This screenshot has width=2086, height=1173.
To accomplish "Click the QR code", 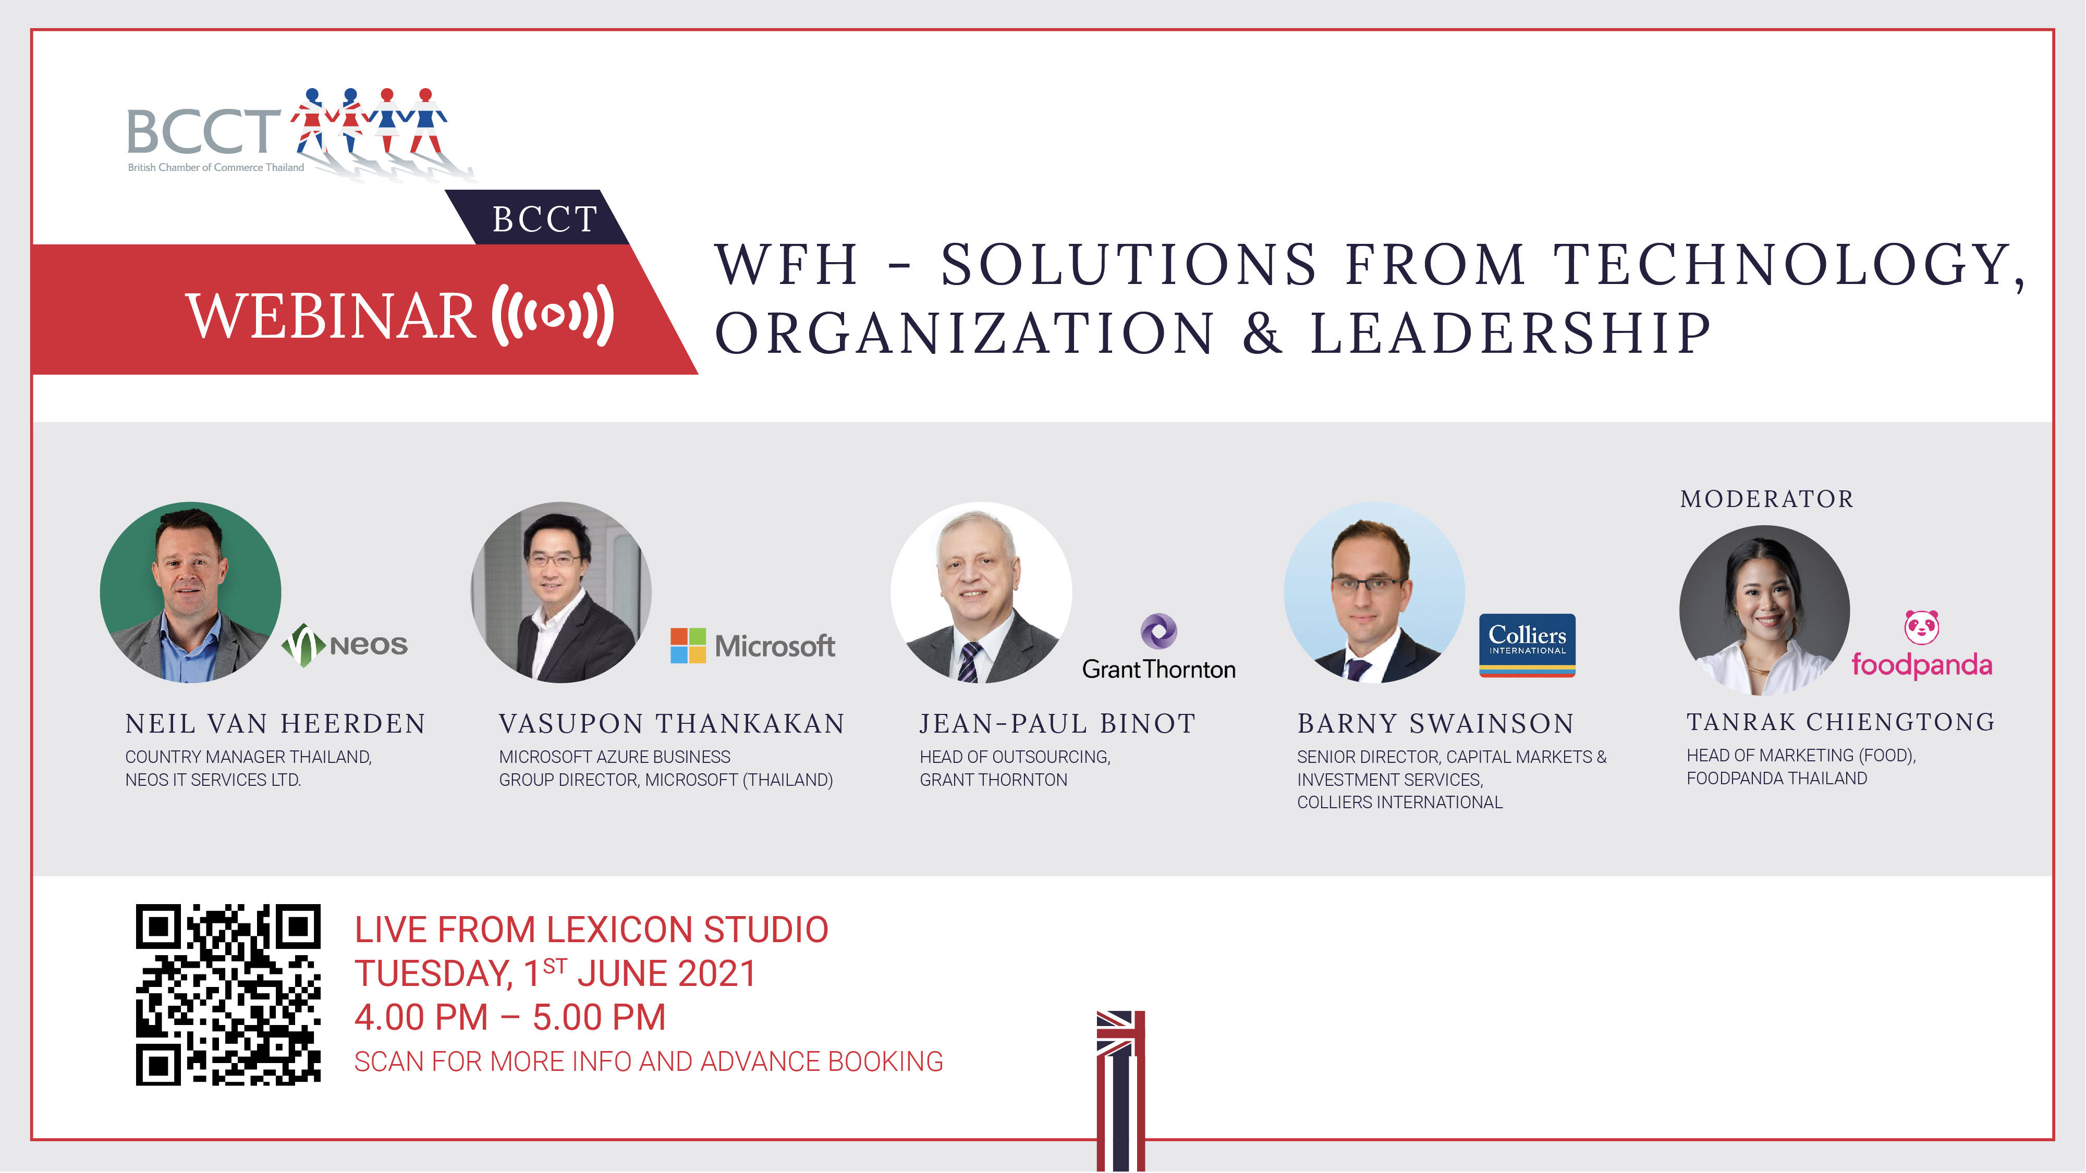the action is click(x=228, y=994).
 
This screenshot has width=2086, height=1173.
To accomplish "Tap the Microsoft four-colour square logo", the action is click(x=688, y=645).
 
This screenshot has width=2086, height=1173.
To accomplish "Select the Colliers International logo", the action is click(x=1527, y=645).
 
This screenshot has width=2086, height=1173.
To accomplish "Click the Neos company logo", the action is click(x=344, y=645).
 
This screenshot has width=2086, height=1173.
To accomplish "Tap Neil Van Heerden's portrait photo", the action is click(x=190, y=592).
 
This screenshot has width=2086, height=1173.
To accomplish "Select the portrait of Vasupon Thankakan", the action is click(x=561, y=592).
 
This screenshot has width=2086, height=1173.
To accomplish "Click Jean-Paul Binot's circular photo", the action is click(x=981, y=592).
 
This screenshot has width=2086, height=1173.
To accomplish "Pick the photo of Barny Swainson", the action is click(x=1374, y=592).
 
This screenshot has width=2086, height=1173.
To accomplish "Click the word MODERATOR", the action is click(x=1767, y=499).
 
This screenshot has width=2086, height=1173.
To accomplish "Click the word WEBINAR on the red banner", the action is click(x=331, y=316).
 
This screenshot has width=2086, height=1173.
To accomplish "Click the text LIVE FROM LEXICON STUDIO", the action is click(x=591, y=929).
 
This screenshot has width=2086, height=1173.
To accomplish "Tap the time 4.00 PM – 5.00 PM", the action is click(x=510, y=1017).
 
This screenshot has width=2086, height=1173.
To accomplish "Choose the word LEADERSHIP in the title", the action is click(x=1511, y=332).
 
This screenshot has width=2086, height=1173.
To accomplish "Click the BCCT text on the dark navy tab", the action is click(x=545, y=218).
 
